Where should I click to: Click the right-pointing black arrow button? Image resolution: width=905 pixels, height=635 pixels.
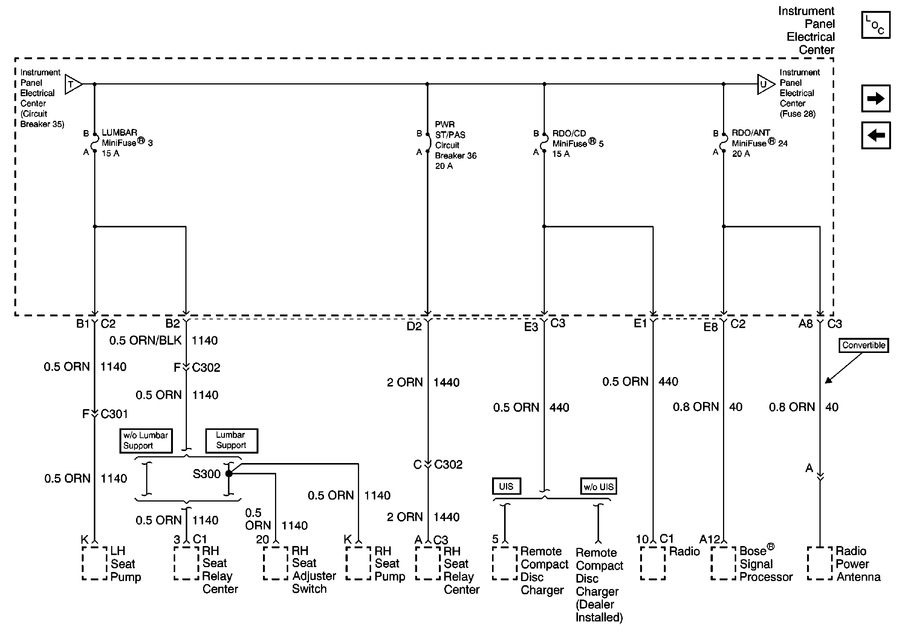pos(876,98)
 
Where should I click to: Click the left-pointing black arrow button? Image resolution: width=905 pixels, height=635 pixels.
pos(876,135)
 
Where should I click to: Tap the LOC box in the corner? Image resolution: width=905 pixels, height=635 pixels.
pos(876,25)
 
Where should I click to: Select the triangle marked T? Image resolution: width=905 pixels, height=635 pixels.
pos(72,84)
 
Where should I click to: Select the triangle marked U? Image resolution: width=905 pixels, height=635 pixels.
pos(765,84)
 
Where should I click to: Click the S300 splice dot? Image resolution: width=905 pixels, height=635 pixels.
pos(229,473)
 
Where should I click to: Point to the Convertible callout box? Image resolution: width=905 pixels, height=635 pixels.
pos(863,345)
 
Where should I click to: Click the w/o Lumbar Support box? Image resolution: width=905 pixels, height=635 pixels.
pos(146,440)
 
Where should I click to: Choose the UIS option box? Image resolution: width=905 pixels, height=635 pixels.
pos(506,486)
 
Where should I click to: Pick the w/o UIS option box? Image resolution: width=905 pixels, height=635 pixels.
pos(598,487)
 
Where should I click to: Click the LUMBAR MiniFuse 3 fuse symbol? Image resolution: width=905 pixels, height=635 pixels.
pos(95,143)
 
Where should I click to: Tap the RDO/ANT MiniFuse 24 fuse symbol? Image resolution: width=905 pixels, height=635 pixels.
pos(724,143)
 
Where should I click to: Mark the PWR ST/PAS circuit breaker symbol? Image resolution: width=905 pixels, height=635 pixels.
pos(428,143)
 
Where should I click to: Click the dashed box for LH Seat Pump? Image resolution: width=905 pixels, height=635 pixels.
pos(95,563)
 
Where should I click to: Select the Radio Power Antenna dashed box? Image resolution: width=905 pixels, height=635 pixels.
pos(820,563)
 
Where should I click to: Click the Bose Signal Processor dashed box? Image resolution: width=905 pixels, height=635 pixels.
pos(724,563)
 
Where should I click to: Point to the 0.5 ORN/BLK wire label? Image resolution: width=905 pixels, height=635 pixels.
pos(145,341)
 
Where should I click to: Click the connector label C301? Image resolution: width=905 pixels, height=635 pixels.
pos(114,414)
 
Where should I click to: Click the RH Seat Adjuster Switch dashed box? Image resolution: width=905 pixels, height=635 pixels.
pos(276,563)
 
